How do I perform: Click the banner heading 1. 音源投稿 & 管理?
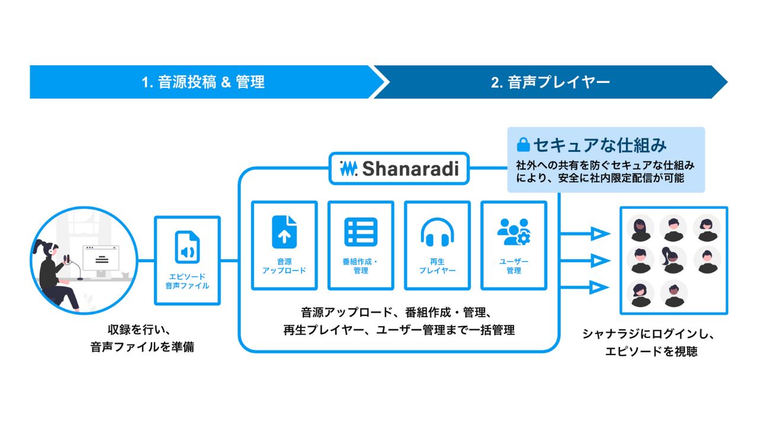(x=203, y=82)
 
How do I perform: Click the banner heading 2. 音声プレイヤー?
(x=550, y=82)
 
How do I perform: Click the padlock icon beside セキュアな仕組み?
(x=523, y=145)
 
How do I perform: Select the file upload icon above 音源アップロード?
(x=284, y=231)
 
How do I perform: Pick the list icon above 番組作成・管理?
(x=361, y=232)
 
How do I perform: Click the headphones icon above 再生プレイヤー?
(x=437, y=232)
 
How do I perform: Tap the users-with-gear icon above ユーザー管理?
(x=513, y=232)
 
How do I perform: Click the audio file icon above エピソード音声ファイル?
(x=187, y=247)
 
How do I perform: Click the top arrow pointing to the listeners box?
(x=598, y=234)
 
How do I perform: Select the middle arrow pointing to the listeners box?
(x=598, y=261)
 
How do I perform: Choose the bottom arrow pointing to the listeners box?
(x=598, y=288)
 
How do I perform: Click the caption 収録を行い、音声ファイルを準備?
(x=142, y=339)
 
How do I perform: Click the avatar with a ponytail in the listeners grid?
(x=673, y=260)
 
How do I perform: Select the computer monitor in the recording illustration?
(x=101, y=259)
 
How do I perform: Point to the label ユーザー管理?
(x=513, y=266)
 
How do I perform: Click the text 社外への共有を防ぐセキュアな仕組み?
(x=606, y=165)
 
